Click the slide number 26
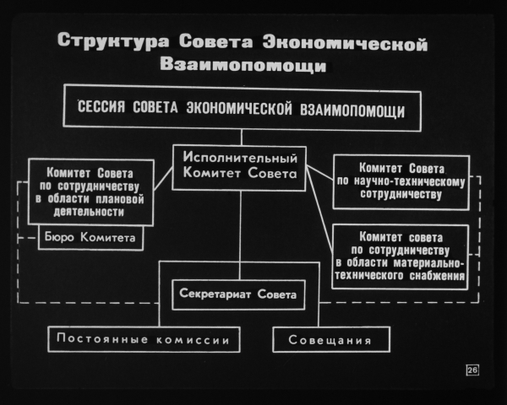[472, 370]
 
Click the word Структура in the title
[113, 41]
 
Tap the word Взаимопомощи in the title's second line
[243, 65]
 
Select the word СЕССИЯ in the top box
[101, 106]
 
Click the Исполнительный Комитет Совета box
[239, 168]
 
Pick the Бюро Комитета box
[90, 238]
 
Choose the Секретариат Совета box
[238, 294]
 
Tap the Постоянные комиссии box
[144, 339]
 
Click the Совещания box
[331, 339]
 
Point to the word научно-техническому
[409, 181]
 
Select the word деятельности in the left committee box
[89, 212]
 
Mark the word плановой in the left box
[120, 199]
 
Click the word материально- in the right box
[428, 263]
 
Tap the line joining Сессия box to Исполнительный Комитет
[241, 138]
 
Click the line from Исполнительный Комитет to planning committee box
[163, 179]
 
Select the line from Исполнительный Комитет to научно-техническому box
[319, 172]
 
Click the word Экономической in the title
[345, 44]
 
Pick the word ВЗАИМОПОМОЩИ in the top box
[352, 111]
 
